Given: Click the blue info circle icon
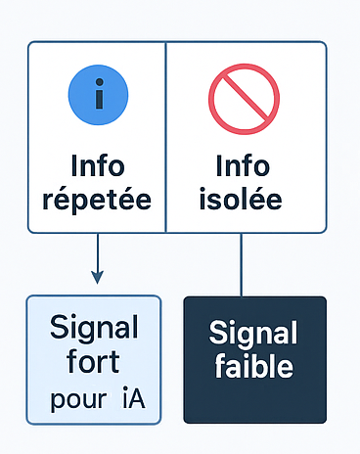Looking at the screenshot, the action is point(98,95).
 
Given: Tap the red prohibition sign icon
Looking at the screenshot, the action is point(244,99).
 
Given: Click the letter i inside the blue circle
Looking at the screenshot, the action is point(100,94).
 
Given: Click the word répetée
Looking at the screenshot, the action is point(97,200).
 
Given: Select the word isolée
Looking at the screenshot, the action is point(241,199).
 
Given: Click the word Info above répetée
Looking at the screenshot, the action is point(98,165).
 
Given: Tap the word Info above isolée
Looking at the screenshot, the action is point(243,165).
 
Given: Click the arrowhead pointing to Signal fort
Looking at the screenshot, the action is point(97,277).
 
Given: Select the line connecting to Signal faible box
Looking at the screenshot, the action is point(241,265).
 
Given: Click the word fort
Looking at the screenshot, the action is point(93,361).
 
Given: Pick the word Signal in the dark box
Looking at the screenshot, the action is point(253,334).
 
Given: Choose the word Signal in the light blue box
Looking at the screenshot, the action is point(94,328).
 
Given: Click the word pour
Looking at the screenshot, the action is point(78,400).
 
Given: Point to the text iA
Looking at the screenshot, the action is point(134,397).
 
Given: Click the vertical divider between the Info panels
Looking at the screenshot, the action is point(165,137).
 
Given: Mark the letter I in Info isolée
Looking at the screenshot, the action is point(219,165).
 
